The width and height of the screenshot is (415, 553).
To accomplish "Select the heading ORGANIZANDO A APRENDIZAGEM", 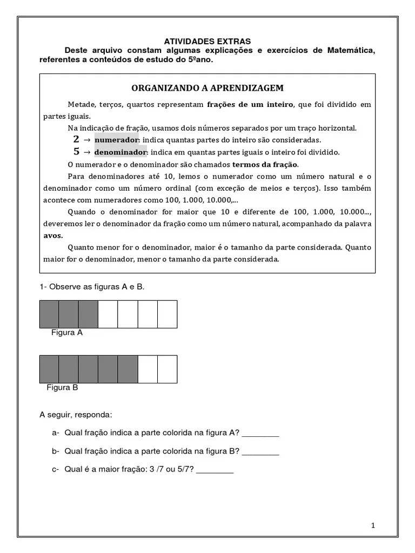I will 207,87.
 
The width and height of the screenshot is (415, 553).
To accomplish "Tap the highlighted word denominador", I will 121,152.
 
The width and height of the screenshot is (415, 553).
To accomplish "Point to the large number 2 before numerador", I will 76,139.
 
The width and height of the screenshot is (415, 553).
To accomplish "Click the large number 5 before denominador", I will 76,152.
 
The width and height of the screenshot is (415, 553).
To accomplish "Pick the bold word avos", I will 53,235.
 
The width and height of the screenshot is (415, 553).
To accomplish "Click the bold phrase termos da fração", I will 265,164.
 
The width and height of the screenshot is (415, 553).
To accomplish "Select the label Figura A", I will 66,333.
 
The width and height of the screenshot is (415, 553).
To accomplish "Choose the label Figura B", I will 62,387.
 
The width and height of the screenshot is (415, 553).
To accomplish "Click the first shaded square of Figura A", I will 49,314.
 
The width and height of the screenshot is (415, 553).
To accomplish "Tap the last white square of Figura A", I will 167,314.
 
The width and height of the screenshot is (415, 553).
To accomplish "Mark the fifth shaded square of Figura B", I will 128,369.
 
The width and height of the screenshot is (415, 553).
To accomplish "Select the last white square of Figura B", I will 167,369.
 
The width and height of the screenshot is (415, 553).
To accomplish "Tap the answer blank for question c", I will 215,470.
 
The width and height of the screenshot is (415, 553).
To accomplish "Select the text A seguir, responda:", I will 76,415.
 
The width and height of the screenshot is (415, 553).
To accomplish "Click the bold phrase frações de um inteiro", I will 250,104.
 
